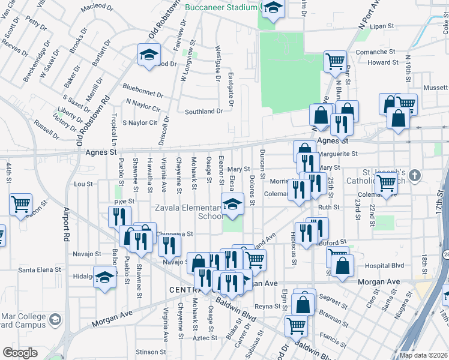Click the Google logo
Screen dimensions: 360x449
pos(20,353)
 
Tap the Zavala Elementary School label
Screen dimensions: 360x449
pos(190,212)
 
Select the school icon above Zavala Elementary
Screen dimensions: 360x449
pos(232,204)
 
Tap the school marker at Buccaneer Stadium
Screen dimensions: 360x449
pos(273,8)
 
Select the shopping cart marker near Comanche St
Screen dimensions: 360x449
pos(334,61)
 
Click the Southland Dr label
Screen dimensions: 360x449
pos(203,112)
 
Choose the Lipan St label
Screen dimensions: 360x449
pos(382,27)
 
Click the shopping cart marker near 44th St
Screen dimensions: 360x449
pos(20,205)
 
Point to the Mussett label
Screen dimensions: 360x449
pos(435,88)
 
